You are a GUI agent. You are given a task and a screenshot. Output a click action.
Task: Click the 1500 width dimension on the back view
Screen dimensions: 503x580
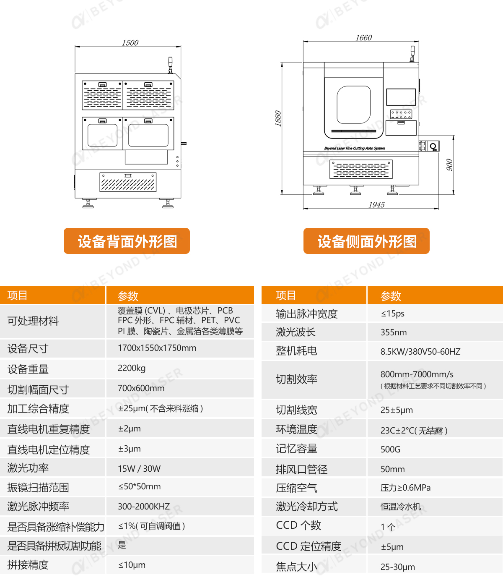coord(130,42)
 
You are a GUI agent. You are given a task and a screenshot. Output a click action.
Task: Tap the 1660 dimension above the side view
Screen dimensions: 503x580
coord(364,37)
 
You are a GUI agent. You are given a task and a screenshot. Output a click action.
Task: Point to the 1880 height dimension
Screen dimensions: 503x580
coord(278,118)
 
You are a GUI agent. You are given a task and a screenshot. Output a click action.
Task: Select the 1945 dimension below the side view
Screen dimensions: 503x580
coord(376,204)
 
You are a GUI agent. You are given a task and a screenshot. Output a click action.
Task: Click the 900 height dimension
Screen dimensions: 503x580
coord(449,165)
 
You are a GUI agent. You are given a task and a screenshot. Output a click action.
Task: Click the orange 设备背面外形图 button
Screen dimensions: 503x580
coord(127,240)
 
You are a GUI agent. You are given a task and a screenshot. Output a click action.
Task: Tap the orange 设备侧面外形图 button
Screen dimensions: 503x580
coord(366,240)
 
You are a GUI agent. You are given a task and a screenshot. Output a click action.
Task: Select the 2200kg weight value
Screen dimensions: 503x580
coord(132,368)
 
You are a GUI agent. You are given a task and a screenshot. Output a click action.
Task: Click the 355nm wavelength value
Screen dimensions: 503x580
coord(394,332)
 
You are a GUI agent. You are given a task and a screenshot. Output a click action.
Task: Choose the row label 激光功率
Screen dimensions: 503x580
coord(28,468)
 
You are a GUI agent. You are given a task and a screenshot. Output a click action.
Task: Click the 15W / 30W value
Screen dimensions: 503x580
coord(139,469)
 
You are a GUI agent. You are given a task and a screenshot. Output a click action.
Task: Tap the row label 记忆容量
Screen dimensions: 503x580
coord(297,449)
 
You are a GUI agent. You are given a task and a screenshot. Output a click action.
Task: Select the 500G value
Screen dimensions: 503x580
coord(390,449)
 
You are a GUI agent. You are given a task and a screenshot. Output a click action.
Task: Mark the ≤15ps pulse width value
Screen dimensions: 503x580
coord(392,313)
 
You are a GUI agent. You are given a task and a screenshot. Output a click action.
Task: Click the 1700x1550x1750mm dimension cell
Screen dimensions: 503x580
coord(157,348)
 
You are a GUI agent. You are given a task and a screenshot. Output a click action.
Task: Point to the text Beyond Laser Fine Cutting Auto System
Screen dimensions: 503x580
coord(355,148)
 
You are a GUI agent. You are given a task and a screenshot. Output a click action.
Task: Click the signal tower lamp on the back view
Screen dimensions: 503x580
coord(171,65)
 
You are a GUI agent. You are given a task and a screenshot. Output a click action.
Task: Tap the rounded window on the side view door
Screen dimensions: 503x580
coord(353,105)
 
